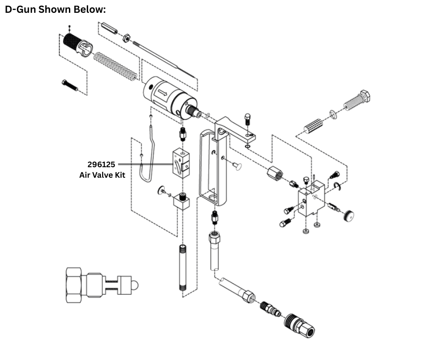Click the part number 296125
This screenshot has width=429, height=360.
101,164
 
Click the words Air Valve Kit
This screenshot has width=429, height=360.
102,174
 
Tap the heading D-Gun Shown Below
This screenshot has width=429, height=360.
55,10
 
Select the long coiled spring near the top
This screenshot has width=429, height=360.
115,66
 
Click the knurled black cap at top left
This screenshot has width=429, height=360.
75,44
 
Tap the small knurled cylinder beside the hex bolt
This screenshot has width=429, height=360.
313,124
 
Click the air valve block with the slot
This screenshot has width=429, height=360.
181,163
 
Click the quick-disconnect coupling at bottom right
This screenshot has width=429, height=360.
299,325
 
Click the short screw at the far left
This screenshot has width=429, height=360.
69,85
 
